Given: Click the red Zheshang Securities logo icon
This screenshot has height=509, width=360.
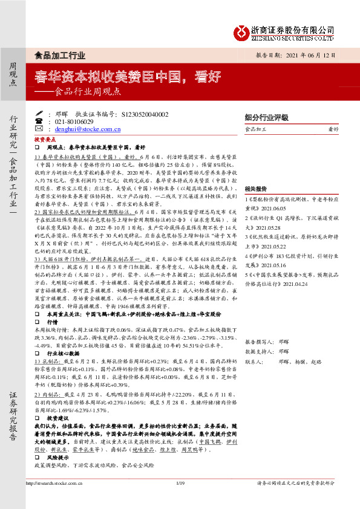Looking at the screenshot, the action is click(243, 30).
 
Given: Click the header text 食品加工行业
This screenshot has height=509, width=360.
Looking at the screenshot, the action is click(61, 54).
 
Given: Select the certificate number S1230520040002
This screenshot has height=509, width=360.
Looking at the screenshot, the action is click(145, 114).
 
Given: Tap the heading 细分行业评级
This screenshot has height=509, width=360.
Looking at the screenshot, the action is click(266, 117).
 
